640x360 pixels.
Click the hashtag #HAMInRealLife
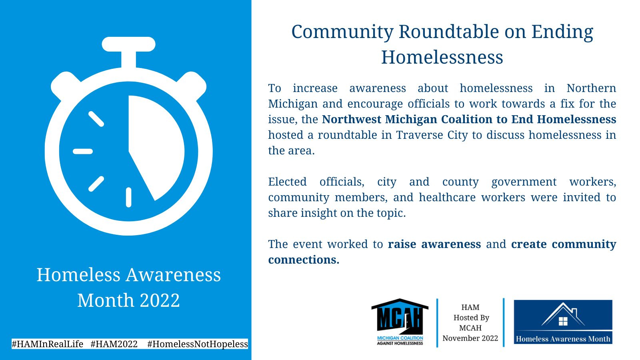point(48,344)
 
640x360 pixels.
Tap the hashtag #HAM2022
point(114,344)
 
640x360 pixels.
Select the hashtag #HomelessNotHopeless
point(198,344)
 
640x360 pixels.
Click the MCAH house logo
point(400,322)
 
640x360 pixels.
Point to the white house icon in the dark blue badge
point(563,314)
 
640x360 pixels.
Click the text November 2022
point(470,338)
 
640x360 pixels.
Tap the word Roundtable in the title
point(448,32)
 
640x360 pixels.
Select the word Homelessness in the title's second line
point(442,57)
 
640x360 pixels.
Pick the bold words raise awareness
point(434,244)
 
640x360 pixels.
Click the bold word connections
point(304,260)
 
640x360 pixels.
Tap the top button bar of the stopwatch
point(128,44)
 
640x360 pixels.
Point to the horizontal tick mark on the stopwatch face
point(83,152)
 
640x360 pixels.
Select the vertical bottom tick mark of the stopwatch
point(128,197)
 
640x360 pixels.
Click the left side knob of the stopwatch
point(65,86)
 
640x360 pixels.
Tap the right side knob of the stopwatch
point(192,86)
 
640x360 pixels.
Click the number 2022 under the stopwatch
point(160,300)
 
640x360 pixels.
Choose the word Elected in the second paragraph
point(288,182)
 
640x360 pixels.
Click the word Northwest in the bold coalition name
point(352,120)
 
